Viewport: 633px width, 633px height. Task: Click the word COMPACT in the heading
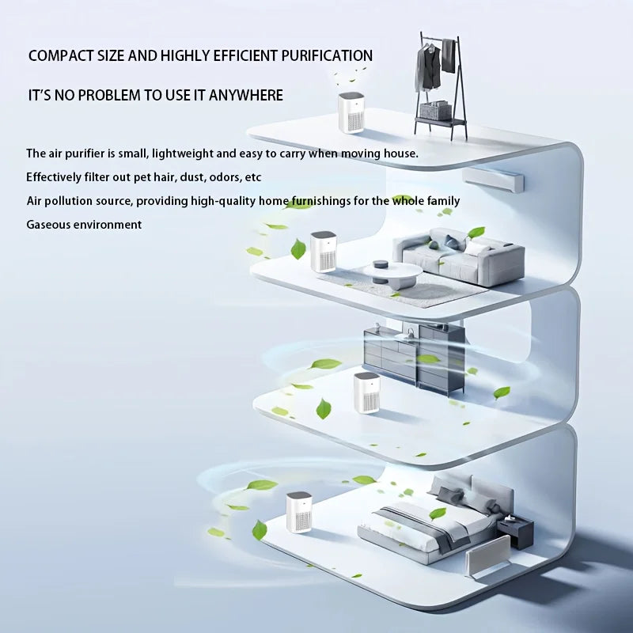pyautogui.click(x=58, y=56)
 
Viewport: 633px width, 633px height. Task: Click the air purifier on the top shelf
pyautogui.click(x=351, y=112)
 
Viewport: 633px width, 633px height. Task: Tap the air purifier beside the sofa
pyautogui.click(x=323, y=252)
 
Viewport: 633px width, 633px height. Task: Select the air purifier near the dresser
pyautogui.click(x=366, y=392)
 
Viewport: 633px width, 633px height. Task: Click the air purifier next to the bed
pyautogui.click(x=299, y=511)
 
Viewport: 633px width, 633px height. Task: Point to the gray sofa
pyautogui.click(x=463, y=255)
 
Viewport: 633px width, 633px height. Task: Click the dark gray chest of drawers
pyautogui.click(x=413, y=358)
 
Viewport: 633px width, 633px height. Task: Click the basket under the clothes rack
pyautogui.click(x=435, y=111)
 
